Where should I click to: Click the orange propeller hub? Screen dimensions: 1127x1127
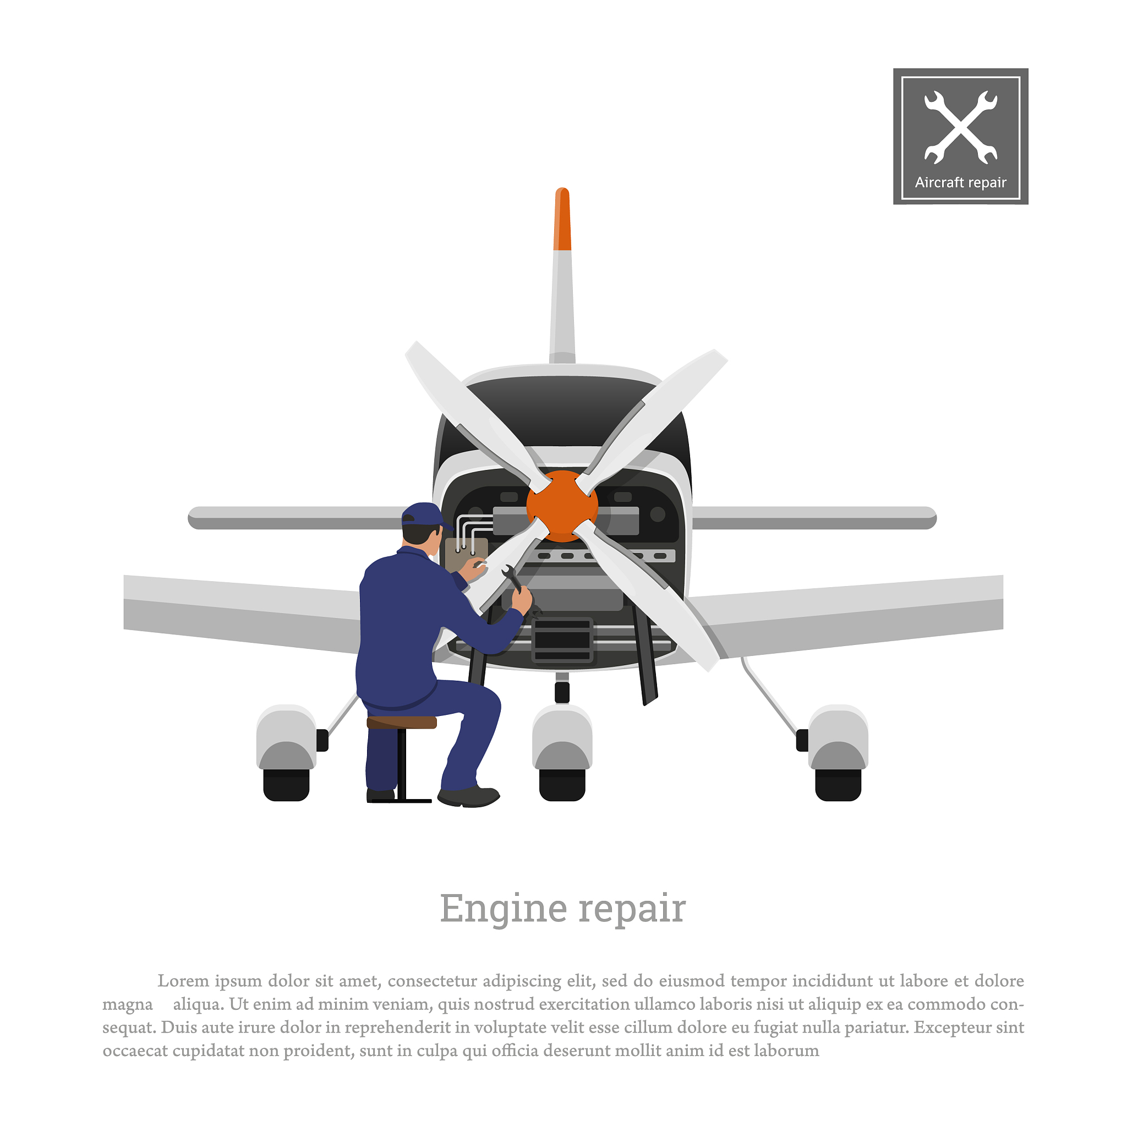(562, 506)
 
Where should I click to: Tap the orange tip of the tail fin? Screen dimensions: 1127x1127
(562, 219)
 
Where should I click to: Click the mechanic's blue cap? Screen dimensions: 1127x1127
(425, 515)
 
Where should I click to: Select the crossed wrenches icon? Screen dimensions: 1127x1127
(961, 127)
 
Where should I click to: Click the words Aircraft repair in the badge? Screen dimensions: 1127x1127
(961, 183)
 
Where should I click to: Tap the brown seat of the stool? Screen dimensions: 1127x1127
(402, 722)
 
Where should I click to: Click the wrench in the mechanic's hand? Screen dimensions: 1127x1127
(513, 578)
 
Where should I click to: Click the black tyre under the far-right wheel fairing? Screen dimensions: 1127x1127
(838, 785)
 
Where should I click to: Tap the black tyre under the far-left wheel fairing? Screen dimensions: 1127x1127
(286, 785)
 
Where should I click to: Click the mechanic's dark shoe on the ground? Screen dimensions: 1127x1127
(468, 796)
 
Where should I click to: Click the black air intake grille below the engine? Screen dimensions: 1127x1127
(562, 639)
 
